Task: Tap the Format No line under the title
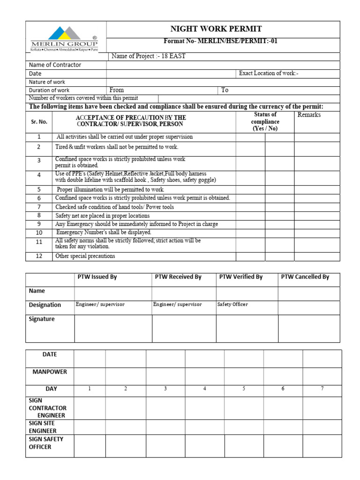tap(220, 41)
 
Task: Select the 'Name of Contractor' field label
tap(55, 65)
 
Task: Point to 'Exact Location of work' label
tap(269, 73)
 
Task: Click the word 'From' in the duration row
tap(117, 90)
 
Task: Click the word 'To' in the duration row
tap(225, 90)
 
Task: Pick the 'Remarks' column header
tap(309, 115)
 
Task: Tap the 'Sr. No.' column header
tap(39, 121)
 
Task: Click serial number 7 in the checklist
tap(39, 207)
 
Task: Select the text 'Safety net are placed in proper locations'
tap(103, 216)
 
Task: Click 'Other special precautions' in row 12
tap(85, 256)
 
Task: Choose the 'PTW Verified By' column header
tap(240, 277)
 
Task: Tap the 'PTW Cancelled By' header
tap(305, 277)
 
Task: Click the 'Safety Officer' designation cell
tap(232, 305)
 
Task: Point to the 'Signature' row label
tap(42, 319)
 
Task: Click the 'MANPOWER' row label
tap(50, 372)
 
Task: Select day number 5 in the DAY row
tap(244, 389)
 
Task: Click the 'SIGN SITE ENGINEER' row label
tap(43, 427)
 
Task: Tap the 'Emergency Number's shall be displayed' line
tap(104, 232)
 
